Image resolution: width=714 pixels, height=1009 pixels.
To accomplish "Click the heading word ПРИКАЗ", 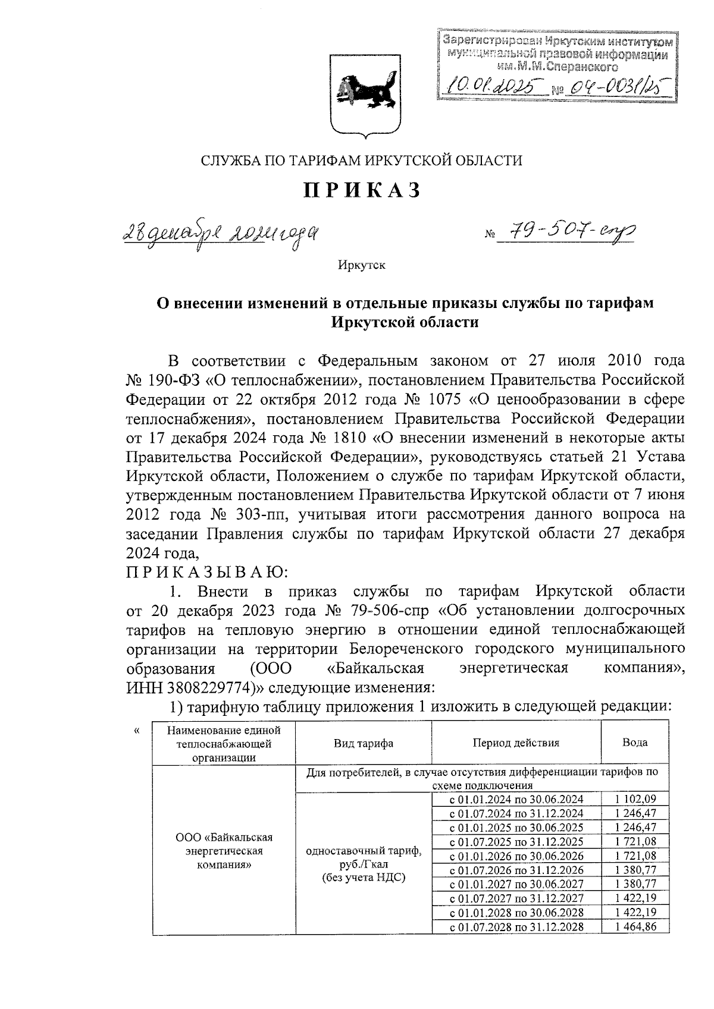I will point(362,190).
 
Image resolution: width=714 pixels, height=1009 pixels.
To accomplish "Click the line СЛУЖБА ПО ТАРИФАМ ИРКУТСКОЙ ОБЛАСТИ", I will point(362,161).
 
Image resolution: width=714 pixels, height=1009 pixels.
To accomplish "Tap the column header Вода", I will point(635,743).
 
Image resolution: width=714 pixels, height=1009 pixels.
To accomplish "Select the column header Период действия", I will point(516,743).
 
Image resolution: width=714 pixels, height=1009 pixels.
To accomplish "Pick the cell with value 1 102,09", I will point(635,799).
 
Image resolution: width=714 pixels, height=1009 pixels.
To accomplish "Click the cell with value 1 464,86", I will point(635,927).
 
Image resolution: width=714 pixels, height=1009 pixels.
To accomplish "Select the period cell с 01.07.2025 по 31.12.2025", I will point(516,841).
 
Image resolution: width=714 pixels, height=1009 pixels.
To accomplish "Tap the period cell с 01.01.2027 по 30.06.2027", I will point(516,884).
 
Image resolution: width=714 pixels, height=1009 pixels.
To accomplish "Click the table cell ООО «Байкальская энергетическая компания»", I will point(224,851).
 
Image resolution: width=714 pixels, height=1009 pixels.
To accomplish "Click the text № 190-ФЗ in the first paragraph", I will point(158,379).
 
